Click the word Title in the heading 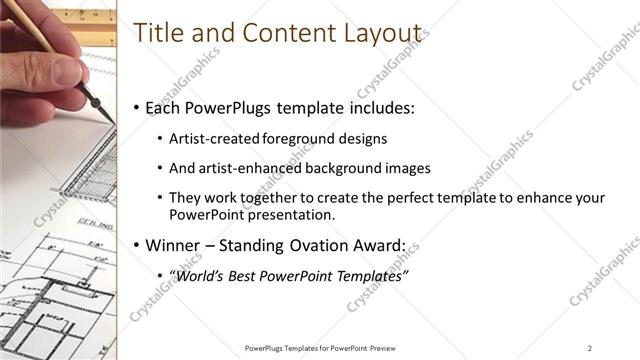[x=157, y=32]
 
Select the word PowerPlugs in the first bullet [x=223, y=106]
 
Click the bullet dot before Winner [x=137, y=245]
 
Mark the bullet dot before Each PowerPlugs [x=137, y=106]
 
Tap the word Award [x=381, y=245]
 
